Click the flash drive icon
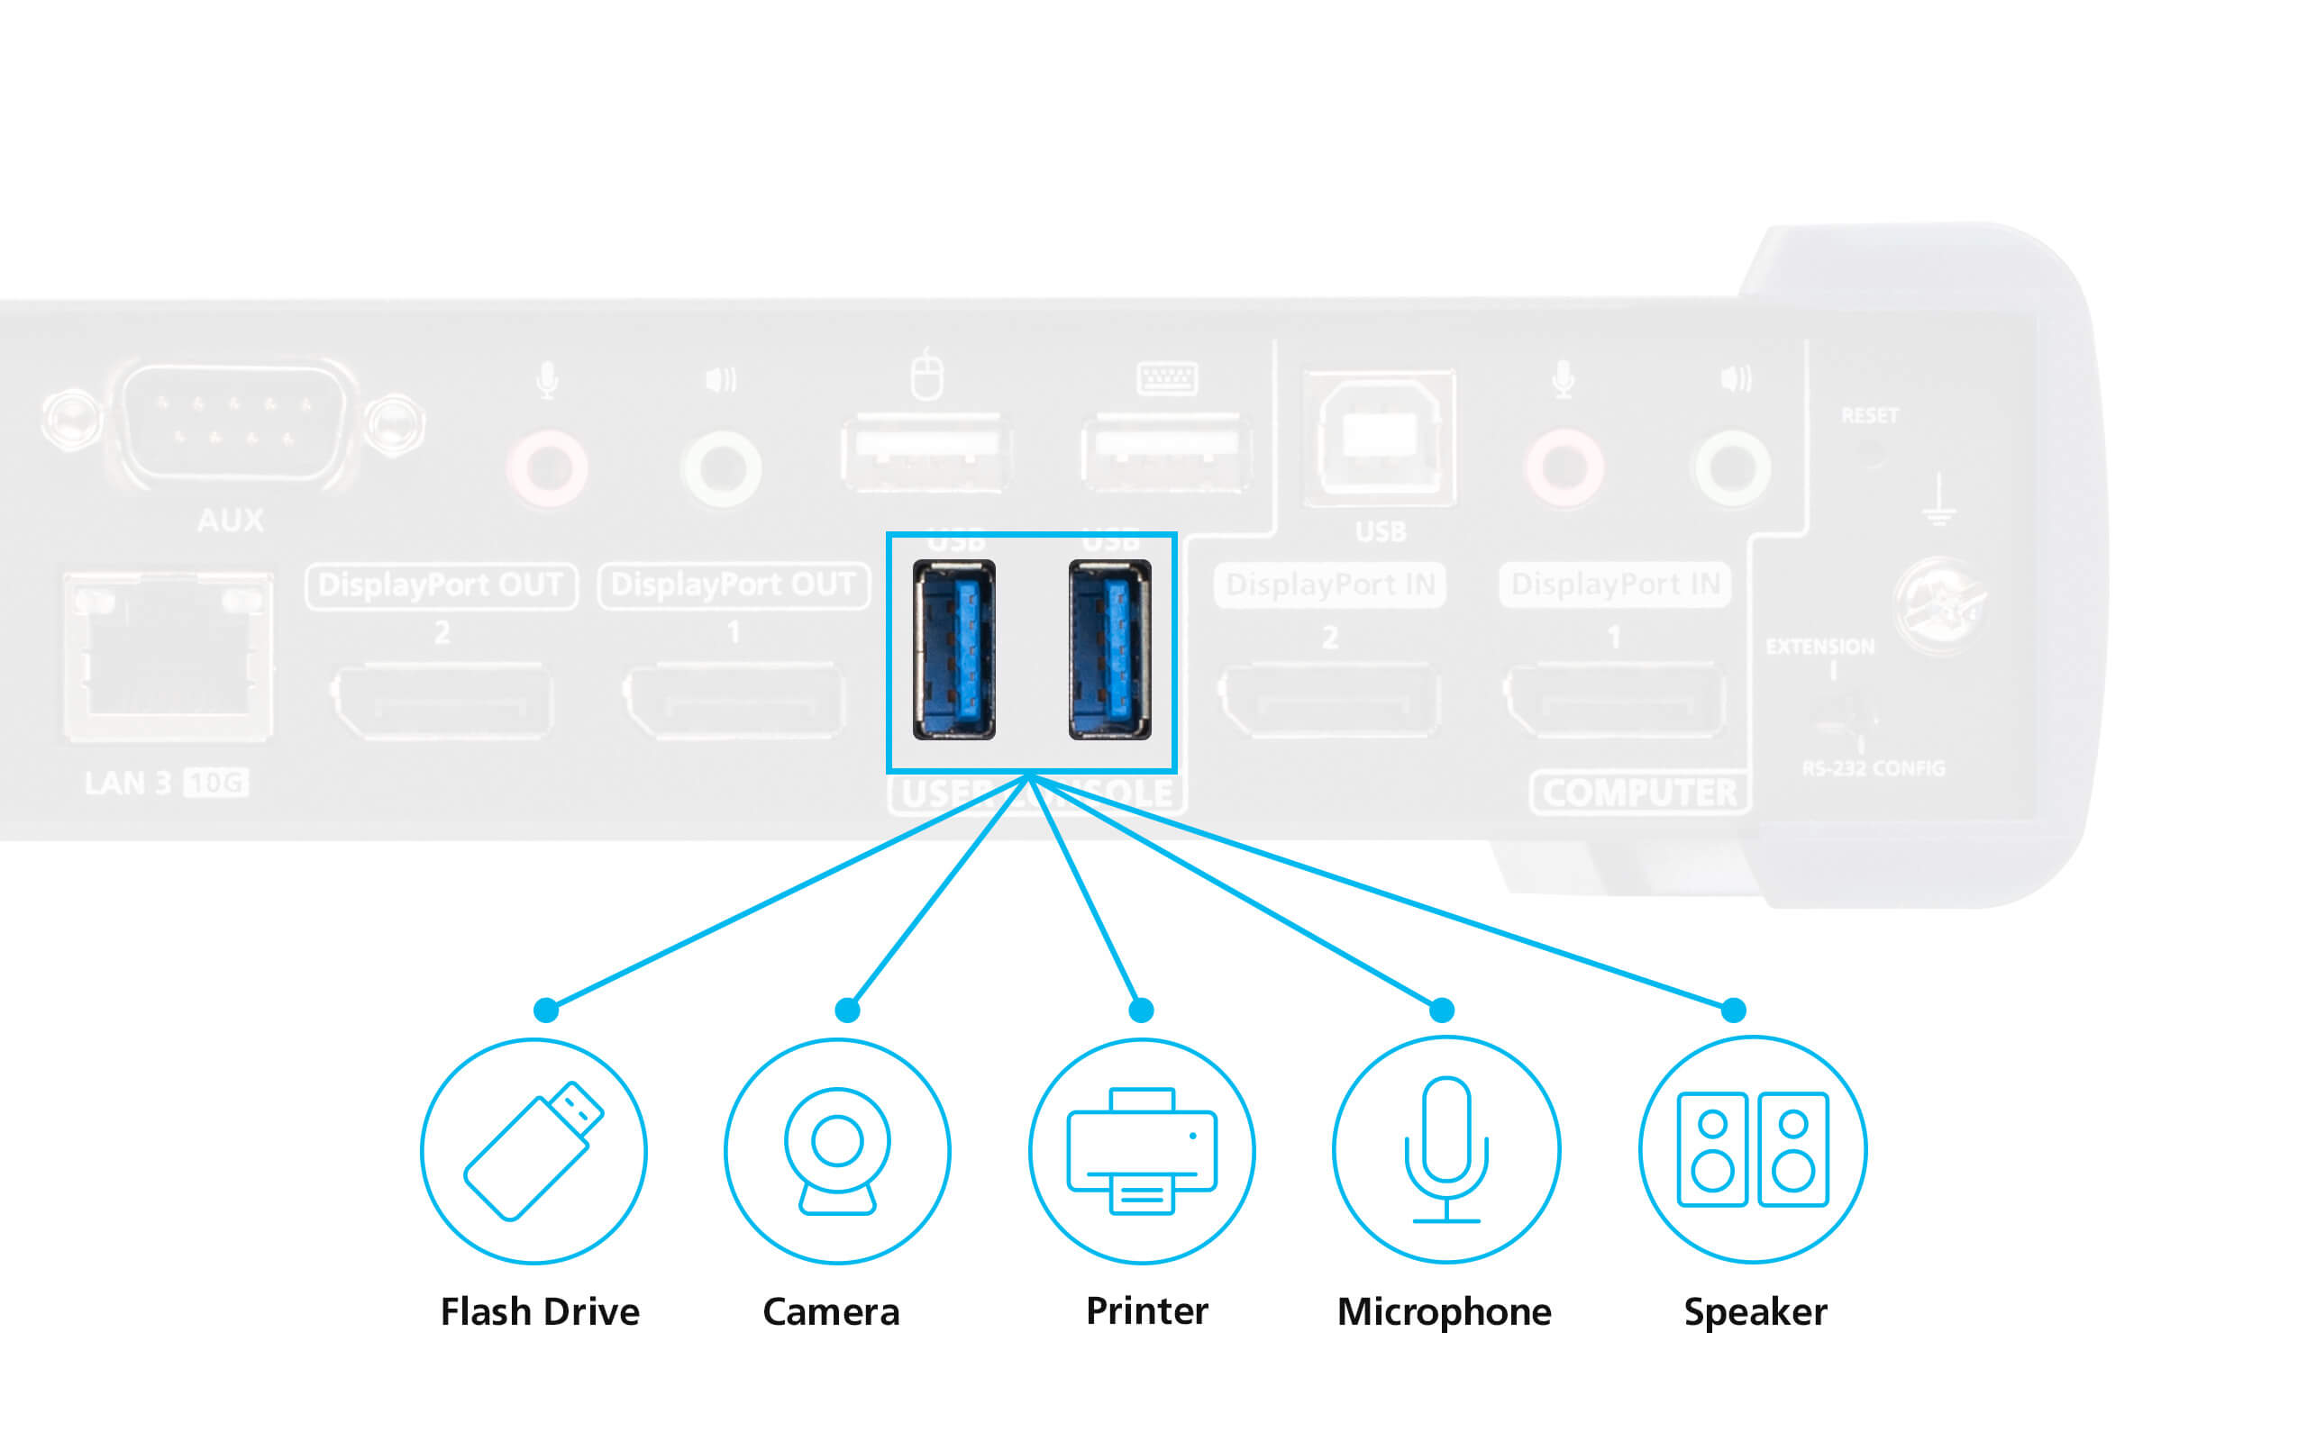(x=533, y=1150)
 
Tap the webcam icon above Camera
(x=837, y=1150)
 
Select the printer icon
(x=1142, y=1150)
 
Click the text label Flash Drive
(x=540, y=1311)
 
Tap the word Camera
(x=830, y=1312)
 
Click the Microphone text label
(x=1444, y=1312)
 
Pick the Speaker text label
(x=1755, y=1312)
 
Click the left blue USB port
(x=953, y=650)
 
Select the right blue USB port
(x=1109, y=650)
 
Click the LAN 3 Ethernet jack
(x=168, y=656)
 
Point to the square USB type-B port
(x=1379, y=439)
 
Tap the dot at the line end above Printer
(x=1141, y=1010)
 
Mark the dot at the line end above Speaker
(x=1733, y=1010)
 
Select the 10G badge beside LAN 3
(x=215, y=783)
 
